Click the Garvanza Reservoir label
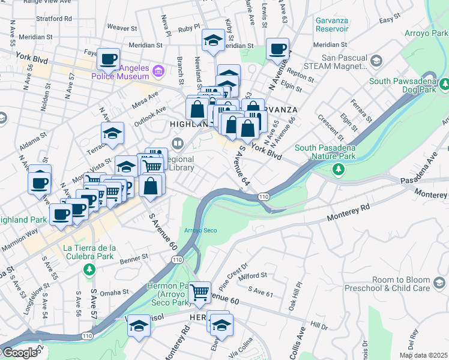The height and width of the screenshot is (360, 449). [332, 24]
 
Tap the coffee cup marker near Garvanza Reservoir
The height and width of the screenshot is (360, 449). [277, 49]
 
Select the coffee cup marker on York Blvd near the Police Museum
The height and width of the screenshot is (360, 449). [109, 59]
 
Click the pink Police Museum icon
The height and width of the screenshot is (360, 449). [158, 72]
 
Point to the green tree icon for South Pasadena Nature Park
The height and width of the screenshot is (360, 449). [339, 170]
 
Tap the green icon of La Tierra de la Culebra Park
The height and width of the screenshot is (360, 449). [89, 269]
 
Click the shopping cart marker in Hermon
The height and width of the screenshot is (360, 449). [199, 293]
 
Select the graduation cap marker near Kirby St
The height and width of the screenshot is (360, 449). [213, 40]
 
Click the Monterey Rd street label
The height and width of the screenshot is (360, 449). [347, 215]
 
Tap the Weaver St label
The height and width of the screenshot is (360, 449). [122, 28]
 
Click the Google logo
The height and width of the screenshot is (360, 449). [20, 353]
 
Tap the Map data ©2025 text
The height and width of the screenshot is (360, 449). [423, 355]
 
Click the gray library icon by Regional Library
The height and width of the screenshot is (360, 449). [177, 143]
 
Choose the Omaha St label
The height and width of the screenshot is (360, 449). [113, 293]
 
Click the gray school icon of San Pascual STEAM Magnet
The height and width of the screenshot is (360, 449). [376, 61]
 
